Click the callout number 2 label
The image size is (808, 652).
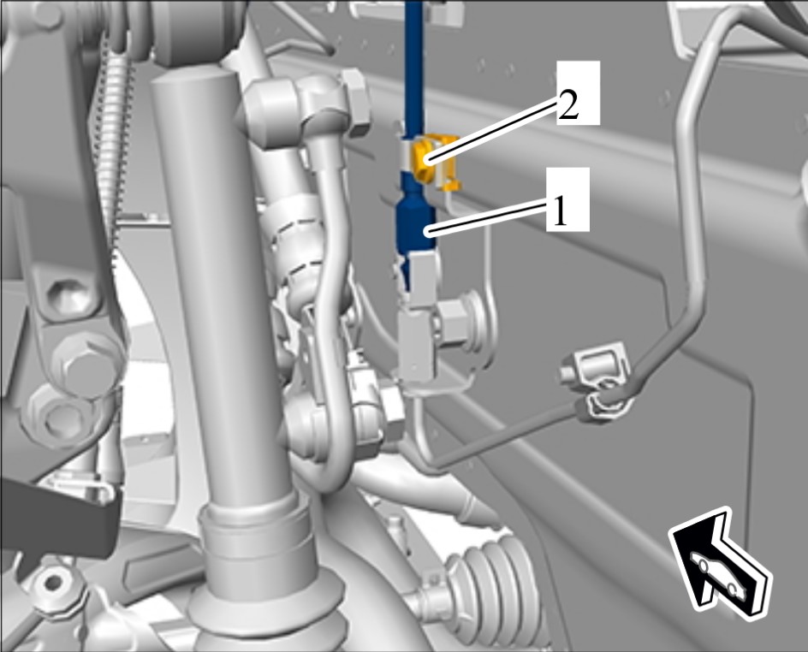tap(567, 107)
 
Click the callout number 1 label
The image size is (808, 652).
tap(560, 213)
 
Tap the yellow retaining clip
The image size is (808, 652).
tap(433, 161)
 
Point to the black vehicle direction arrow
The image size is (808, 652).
tap(719, 563)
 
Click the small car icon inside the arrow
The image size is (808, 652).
tap(718, 577)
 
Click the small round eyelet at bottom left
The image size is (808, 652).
tap(51, 583)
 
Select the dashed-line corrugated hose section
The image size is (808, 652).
tap(296, 247)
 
